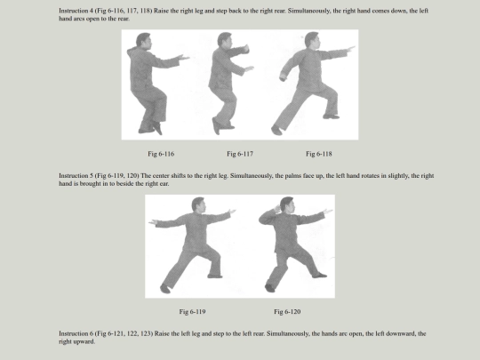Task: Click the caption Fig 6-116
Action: (x=161, y=154)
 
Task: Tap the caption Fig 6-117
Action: (x=240, y=154)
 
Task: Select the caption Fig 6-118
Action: (x=319, y=154)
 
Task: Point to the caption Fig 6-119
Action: (x=192, y=312)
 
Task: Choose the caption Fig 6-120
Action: (x=287, y=312)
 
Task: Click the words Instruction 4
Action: (x=76, y=11)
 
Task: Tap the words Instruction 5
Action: (x=76, y=176)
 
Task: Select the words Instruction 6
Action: (x=76, y=333)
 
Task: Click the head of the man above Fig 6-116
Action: (x=144, y=40)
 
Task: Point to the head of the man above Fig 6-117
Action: (x=225, y=39)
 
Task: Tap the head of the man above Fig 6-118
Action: (x=312, y=39)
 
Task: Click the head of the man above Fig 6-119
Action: (x=198, y=204)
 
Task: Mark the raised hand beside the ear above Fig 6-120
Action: (x=277, y=209)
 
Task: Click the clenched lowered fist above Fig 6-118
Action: (x=284, y=78)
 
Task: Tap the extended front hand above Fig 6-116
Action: (x=184, y=57)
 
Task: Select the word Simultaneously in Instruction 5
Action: (x=251, y=176)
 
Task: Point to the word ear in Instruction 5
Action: (x=164, y=184)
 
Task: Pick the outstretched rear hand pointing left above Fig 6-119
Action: (x=154, y=222)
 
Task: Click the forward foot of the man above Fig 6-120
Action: (x=319, y=276)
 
